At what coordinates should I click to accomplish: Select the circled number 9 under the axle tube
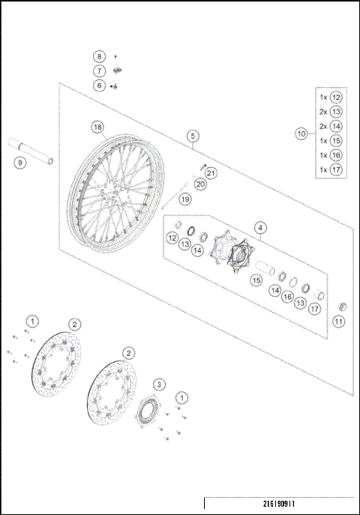[20, 161]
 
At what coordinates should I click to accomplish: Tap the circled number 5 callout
[193, 136]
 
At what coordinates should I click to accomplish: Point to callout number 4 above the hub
[259, 227]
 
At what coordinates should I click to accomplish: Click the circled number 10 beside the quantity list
[301, 133]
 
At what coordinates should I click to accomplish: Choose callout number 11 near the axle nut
[338, 322]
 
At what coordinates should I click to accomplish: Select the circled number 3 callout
[159, 384]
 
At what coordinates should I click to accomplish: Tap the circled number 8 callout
[99, 57]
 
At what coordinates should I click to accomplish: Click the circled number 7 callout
[99, 70]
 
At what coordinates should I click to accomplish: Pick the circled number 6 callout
[99, 85]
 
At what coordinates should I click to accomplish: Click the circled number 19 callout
[184, 199]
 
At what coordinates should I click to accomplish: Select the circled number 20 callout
[199, 184]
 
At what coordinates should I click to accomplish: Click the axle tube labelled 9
[33, 149]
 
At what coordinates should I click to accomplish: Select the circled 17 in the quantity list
[336, 169]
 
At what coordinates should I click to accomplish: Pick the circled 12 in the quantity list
[336, 97]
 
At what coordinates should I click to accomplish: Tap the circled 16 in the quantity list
[336, 154]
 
